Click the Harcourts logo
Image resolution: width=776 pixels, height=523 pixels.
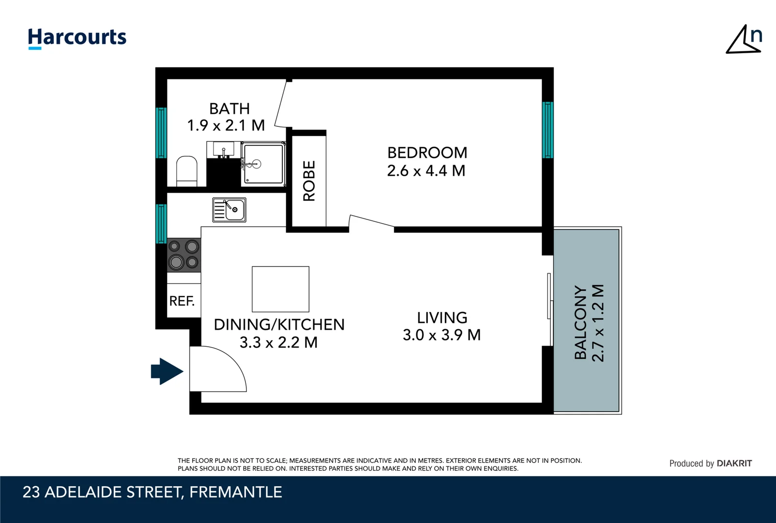click(x=77, y=38)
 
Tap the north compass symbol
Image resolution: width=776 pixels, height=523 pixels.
click(x=744, y=39)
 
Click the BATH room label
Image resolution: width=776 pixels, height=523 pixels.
click(x=229, y=108)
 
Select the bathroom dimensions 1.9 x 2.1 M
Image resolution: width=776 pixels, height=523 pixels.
click(x=226, y=125)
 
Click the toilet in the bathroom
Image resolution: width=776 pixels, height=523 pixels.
click(x=186, y=171)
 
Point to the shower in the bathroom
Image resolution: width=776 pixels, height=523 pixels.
click(x=263, y=164)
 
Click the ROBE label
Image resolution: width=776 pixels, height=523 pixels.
click(x=309, y=181)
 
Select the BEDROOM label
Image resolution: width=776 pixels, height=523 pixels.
click(x=427, y=153)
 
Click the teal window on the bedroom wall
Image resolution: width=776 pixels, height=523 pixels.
click(x=548, y=130)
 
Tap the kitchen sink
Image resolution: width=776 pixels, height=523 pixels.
click(x=229, y=210)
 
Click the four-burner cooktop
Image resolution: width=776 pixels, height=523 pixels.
click(x=183, y=255)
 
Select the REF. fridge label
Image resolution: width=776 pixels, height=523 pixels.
click(x=182, y=301)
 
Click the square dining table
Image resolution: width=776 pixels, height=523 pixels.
click(x=280, y=289)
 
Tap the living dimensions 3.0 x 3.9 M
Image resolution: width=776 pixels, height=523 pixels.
click(x=441, y=335)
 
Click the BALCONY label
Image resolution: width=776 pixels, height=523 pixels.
click(x=580, y=323)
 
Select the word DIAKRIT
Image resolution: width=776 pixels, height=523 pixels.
click(x=734, y=463)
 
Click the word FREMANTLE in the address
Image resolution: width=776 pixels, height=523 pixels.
click(x=236, y=492)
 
